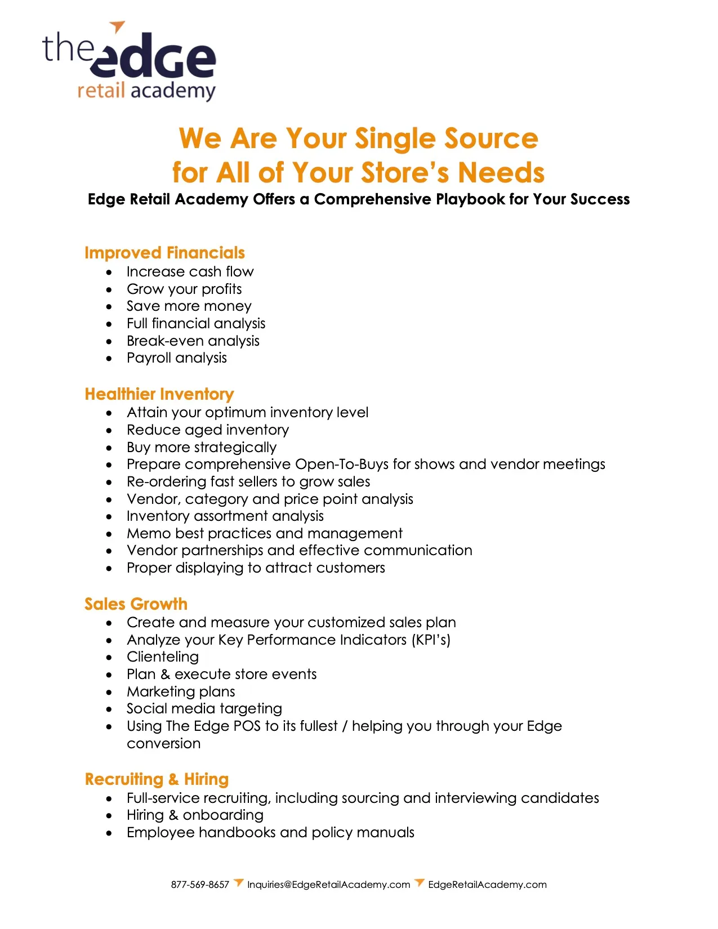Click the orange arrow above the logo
(117, 26)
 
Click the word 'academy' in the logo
(173, 91)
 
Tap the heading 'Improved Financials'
(164, 253)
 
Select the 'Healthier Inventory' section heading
(159, 394)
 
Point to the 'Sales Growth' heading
(136, 604)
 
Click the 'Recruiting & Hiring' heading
(157, 779)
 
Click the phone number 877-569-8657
(200, 885)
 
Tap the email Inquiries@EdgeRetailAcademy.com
(328, 885)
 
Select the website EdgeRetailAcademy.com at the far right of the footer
(487, 885)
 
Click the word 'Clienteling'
(163, 657)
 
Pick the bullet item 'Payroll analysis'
(176, 358)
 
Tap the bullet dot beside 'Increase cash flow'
(109, 273)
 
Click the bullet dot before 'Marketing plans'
(109, 693)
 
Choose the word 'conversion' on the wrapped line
(163, 744)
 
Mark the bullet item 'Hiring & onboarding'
(195, 815)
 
